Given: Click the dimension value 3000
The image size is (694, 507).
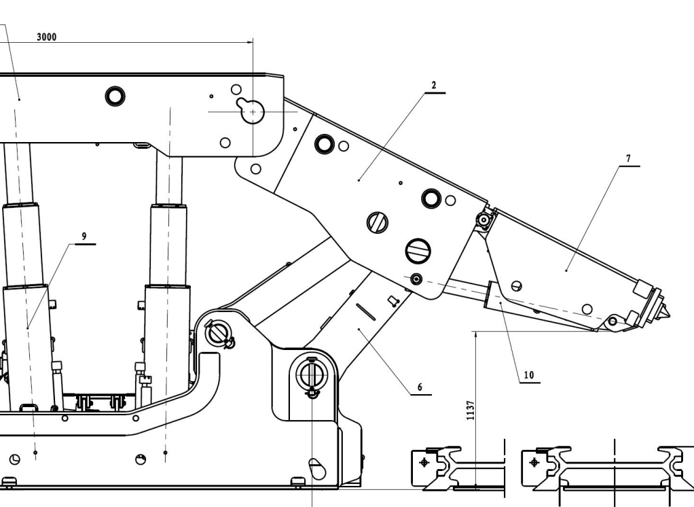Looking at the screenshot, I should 46,37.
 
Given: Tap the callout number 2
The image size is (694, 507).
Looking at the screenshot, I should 433,86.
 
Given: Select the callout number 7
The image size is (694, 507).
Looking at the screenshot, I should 627,158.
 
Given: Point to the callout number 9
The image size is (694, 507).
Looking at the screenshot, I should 84,236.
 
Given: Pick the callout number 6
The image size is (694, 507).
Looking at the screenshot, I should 420,387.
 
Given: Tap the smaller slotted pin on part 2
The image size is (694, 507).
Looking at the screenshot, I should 376,222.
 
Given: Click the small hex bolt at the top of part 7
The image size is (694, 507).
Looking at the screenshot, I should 483,220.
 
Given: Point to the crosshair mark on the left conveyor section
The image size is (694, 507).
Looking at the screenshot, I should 425,462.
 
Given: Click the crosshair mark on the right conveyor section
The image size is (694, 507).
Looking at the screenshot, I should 533,462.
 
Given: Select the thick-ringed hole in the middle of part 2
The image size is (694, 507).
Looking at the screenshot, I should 431,198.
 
